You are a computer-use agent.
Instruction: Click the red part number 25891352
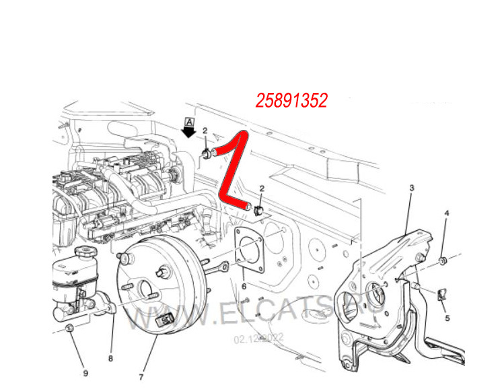click(291, 101)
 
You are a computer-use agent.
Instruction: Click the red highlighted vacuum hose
click(229, 169)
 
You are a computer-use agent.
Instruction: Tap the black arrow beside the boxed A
click(189, 131)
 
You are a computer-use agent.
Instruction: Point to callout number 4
click(445, 214)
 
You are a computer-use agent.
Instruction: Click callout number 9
click(85, 373)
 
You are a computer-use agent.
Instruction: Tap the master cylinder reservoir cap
click(85, 253)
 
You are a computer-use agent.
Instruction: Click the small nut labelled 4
click(444, 260)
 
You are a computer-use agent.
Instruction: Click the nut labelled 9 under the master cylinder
click(70, 328)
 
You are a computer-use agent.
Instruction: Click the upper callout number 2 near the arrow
click(205, 131)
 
